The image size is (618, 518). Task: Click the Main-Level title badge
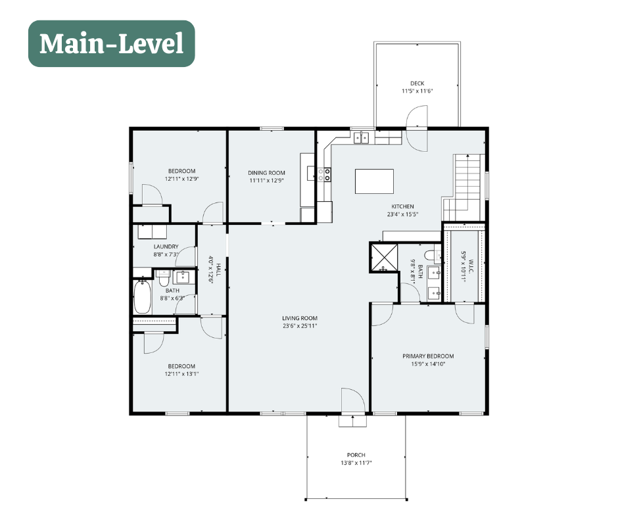112,44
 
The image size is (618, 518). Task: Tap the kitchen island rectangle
374,181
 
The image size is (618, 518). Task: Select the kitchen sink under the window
361,137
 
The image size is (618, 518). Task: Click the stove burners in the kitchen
324,175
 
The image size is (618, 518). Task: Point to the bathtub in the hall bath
142,297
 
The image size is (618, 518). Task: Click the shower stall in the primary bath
383,258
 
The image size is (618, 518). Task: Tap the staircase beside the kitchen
463,187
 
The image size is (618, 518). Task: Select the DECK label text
417,83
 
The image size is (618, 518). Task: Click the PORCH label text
356,455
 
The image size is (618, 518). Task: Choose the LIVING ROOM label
300,318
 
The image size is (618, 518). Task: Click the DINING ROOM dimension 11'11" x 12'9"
266,181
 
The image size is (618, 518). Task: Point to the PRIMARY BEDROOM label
428,356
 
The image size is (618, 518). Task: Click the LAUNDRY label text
166,247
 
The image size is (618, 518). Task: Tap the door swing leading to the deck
417,129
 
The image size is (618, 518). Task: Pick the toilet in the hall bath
164,278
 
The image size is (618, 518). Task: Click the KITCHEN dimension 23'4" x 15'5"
402,214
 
